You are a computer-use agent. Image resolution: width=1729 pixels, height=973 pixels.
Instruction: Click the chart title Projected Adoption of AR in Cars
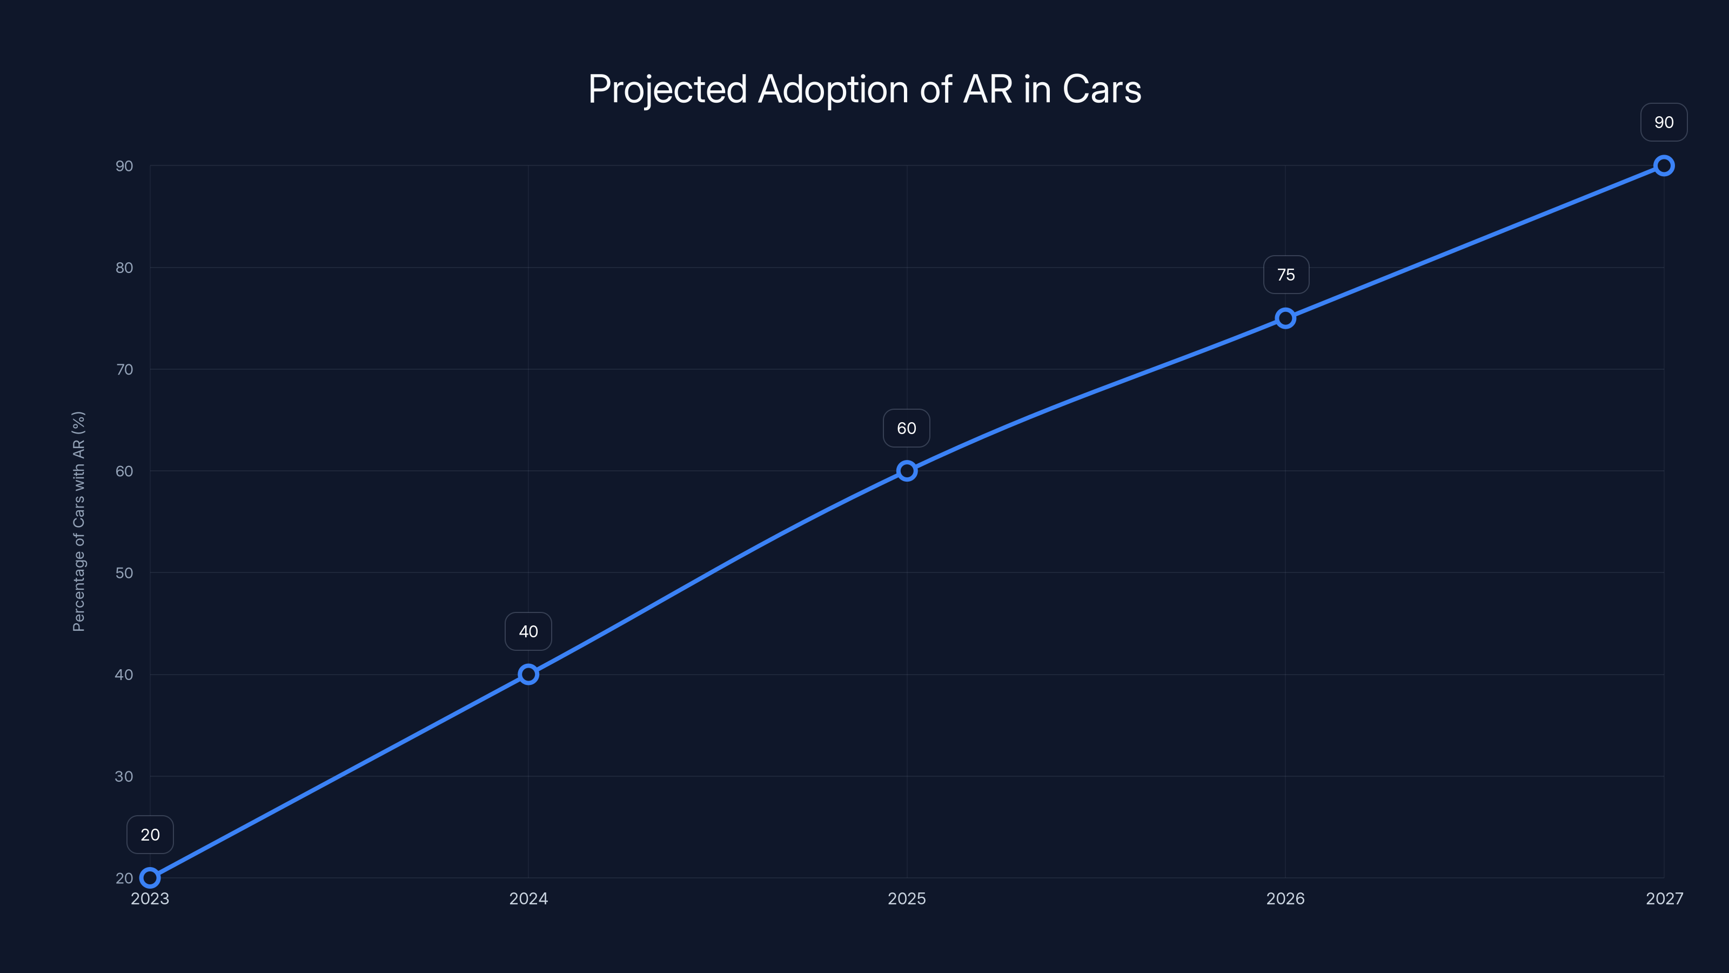864,89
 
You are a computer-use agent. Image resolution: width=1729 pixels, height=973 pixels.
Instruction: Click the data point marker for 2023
150,878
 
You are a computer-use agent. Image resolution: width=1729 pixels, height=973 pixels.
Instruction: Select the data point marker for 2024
528,674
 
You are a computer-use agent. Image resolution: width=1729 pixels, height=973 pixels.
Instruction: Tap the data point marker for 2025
907,471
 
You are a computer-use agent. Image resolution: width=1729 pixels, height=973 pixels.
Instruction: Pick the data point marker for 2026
1285,318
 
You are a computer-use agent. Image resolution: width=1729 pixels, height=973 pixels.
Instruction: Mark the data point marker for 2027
1664,166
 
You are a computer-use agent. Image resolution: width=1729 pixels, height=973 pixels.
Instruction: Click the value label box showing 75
1286,275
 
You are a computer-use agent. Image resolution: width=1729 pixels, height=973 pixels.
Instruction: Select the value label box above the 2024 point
528,631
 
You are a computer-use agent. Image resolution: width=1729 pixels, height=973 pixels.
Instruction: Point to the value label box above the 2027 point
1664,122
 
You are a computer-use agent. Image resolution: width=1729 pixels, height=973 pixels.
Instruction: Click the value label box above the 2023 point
150,835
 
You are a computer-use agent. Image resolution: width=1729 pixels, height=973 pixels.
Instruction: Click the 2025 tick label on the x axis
907,898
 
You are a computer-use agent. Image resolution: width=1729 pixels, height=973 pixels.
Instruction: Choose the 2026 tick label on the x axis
1285,898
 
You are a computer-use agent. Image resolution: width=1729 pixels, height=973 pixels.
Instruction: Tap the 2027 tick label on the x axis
1664,898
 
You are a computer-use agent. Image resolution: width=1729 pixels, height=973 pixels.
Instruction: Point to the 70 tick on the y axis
124,369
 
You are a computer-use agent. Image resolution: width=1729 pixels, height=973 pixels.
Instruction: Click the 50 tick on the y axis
124,573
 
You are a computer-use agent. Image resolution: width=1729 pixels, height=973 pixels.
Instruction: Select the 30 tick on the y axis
124,776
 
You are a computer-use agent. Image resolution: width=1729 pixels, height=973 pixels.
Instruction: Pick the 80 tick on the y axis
124,267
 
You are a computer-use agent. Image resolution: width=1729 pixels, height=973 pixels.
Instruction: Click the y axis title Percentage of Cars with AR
78,521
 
